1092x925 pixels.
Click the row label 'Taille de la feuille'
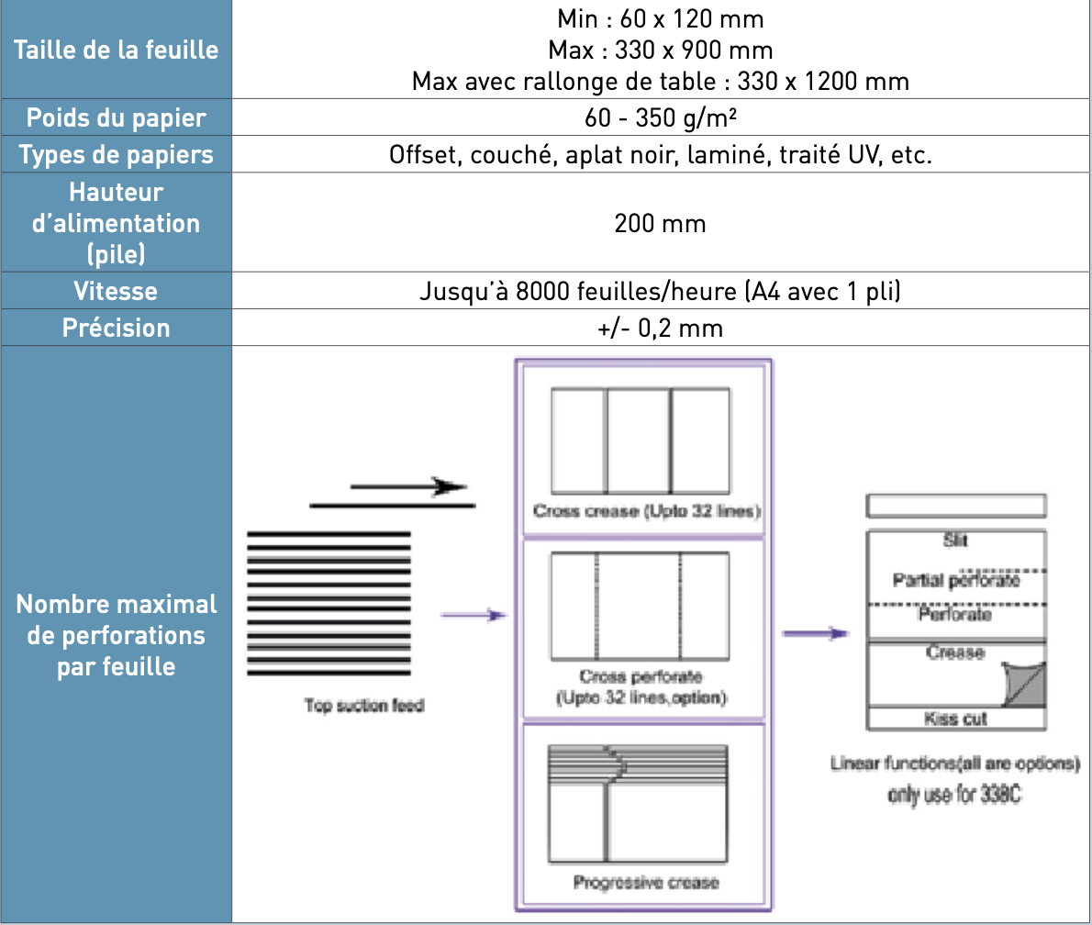click(117, 49)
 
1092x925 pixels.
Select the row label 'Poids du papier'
click(117, 118)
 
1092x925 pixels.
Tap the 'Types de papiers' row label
click(117, 154)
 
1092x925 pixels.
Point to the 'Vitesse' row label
click(117, 291)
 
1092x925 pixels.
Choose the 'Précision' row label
click(117, 328)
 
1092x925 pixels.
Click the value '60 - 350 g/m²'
click(661, 118)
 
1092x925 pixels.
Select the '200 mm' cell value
click(661, 223)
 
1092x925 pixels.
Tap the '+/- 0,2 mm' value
click(661, 328)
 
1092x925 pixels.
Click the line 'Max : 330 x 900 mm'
click(661, 49)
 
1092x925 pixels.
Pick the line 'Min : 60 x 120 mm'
click(661, 17)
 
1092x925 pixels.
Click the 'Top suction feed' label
click(364, 707)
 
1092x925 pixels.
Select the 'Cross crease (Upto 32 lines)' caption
click(647, 511)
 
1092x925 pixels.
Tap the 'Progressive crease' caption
click(646, 883)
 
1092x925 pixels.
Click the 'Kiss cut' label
click(955, 719)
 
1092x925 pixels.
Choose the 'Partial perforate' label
click(955, 580)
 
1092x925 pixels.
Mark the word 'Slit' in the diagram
click(955, 541)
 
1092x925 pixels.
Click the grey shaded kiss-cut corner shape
click(1023, 684)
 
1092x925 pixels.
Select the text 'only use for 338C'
click(955, 796)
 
